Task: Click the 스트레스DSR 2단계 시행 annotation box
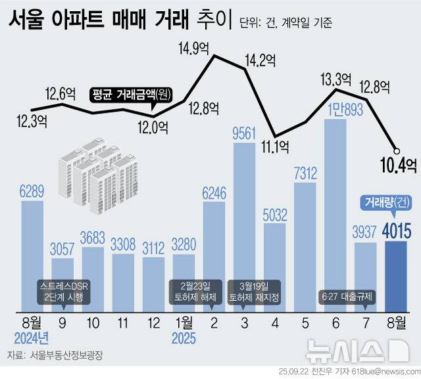[63, 290]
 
